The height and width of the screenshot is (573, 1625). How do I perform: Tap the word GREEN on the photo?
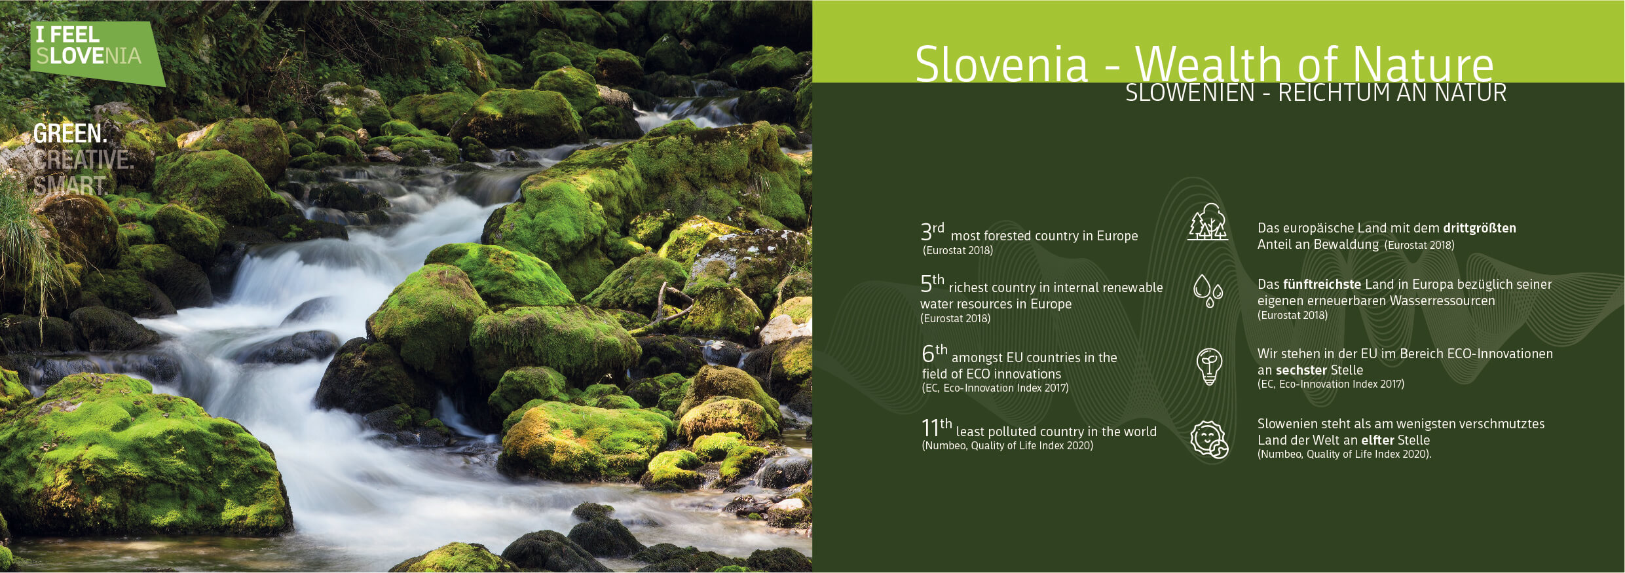(x=70, y=134)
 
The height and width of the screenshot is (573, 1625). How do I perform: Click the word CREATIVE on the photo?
(x=83, y=160)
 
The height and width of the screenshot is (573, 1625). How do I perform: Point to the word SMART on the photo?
(x=70, y=186)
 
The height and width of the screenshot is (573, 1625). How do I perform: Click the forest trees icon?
(x=1208, y=222)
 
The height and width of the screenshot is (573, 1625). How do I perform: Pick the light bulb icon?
(x=1209, y=366)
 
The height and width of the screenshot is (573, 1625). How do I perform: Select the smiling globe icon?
(x=1209, y=439)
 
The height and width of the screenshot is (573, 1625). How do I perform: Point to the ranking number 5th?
(x=932, y=283)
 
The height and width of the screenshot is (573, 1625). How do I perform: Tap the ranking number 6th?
(x=935, y=353)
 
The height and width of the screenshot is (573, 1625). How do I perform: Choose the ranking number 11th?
(x=937, y=427)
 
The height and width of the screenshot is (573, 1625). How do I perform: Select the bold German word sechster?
(x=1301, y=370)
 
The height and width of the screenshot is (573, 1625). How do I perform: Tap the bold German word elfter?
(x=1378, y=440)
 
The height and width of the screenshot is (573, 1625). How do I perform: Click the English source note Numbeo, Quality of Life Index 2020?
(x=1007, y=446)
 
